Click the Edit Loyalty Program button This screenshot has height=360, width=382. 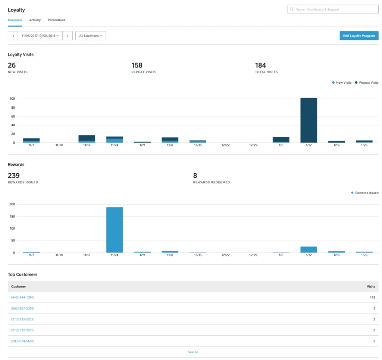coord(359,35)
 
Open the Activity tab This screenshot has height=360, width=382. coord(35,20)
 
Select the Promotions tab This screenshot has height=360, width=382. coord(57,20)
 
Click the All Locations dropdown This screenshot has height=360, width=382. coord(91,35)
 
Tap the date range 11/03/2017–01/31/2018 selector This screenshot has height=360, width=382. coord(40,35)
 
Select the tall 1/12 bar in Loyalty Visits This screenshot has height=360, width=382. coord(309,120)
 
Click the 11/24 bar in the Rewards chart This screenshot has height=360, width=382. coord(115,230)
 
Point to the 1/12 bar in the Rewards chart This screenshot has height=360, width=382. coord(309,249)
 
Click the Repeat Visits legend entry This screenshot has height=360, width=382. coord(367,83)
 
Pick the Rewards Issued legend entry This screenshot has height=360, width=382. coord(365,193)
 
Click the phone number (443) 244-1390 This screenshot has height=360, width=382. coord(22,297)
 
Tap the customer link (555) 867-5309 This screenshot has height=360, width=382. coord(22,308)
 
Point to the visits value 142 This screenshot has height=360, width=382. coord(373,297)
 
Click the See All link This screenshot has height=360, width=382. coord(193,352)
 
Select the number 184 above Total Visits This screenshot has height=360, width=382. coord(260,65)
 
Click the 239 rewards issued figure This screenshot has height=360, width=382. coord(14,176)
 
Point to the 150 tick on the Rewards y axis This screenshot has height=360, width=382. coord(12,216)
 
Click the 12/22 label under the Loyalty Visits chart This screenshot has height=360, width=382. coord(225,145)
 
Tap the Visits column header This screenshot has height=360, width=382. coord(371,286)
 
